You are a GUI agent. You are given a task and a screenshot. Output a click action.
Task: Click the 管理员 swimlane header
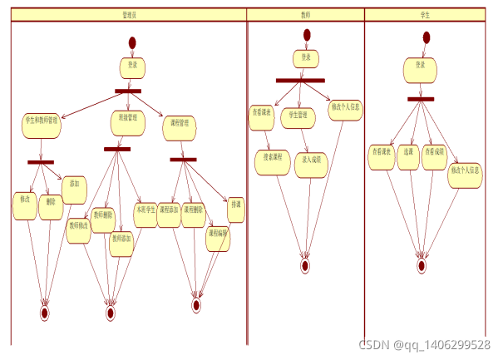coord(128,14)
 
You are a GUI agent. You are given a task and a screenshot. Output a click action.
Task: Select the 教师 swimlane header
coord(306,14)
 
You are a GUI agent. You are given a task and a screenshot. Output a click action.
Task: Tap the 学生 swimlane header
coord(426,14)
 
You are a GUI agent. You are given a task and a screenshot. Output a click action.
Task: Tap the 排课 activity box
coord(235,210)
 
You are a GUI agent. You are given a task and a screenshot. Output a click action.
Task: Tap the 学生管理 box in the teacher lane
coord(298,117)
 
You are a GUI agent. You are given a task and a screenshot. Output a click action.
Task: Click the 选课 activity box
coord(407,156)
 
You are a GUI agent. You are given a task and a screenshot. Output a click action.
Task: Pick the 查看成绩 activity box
coord(435,156)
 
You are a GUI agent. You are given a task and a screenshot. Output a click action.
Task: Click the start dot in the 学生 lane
coord(427,37)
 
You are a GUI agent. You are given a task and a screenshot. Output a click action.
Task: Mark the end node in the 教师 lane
coord(305,266)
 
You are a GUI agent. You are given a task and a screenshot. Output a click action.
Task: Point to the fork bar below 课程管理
coord(183,159)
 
